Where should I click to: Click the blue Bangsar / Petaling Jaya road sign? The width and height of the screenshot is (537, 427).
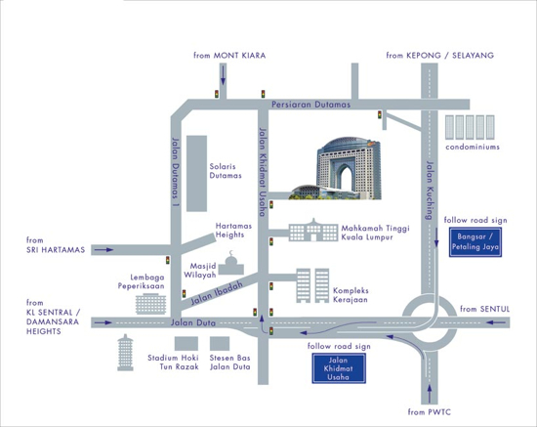(x=475, y=242)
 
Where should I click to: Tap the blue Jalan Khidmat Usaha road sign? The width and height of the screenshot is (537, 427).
(x=339, y=368)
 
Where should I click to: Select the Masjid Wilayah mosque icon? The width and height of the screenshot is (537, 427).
(x=231, y=263)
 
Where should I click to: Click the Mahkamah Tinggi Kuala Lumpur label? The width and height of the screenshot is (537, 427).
(x=375, y=233)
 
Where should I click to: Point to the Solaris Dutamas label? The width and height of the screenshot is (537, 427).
(x=226, y=171)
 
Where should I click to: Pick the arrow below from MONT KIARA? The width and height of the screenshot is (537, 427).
(x=223, y=74)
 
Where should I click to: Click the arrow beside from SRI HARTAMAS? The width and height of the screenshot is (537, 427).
(x=103, y=250)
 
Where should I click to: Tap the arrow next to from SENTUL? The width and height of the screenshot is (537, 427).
(x=496, y=322)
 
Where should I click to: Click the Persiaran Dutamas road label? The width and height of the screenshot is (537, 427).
(x=310, y=105)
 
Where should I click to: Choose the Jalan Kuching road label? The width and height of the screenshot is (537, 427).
(x=431, y=191)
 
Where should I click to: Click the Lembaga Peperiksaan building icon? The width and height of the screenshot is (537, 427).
(x=150, y=304)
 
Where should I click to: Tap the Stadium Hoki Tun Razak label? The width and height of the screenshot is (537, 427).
(x=173, y=363)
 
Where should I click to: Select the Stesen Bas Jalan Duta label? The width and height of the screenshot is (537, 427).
(x=229, y=363)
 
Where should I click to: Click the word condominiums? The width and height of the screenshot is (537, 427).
(x=473, y=147)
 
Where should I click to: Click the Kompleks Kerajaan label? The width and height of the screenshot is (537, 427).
(x=351, y=295)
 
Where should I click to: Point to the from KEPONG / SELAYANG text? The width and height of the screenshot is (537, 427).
(x=440, y=55)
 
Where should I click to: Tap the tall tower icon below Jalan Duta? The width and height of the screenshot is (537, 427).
(x=125, y=353)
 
